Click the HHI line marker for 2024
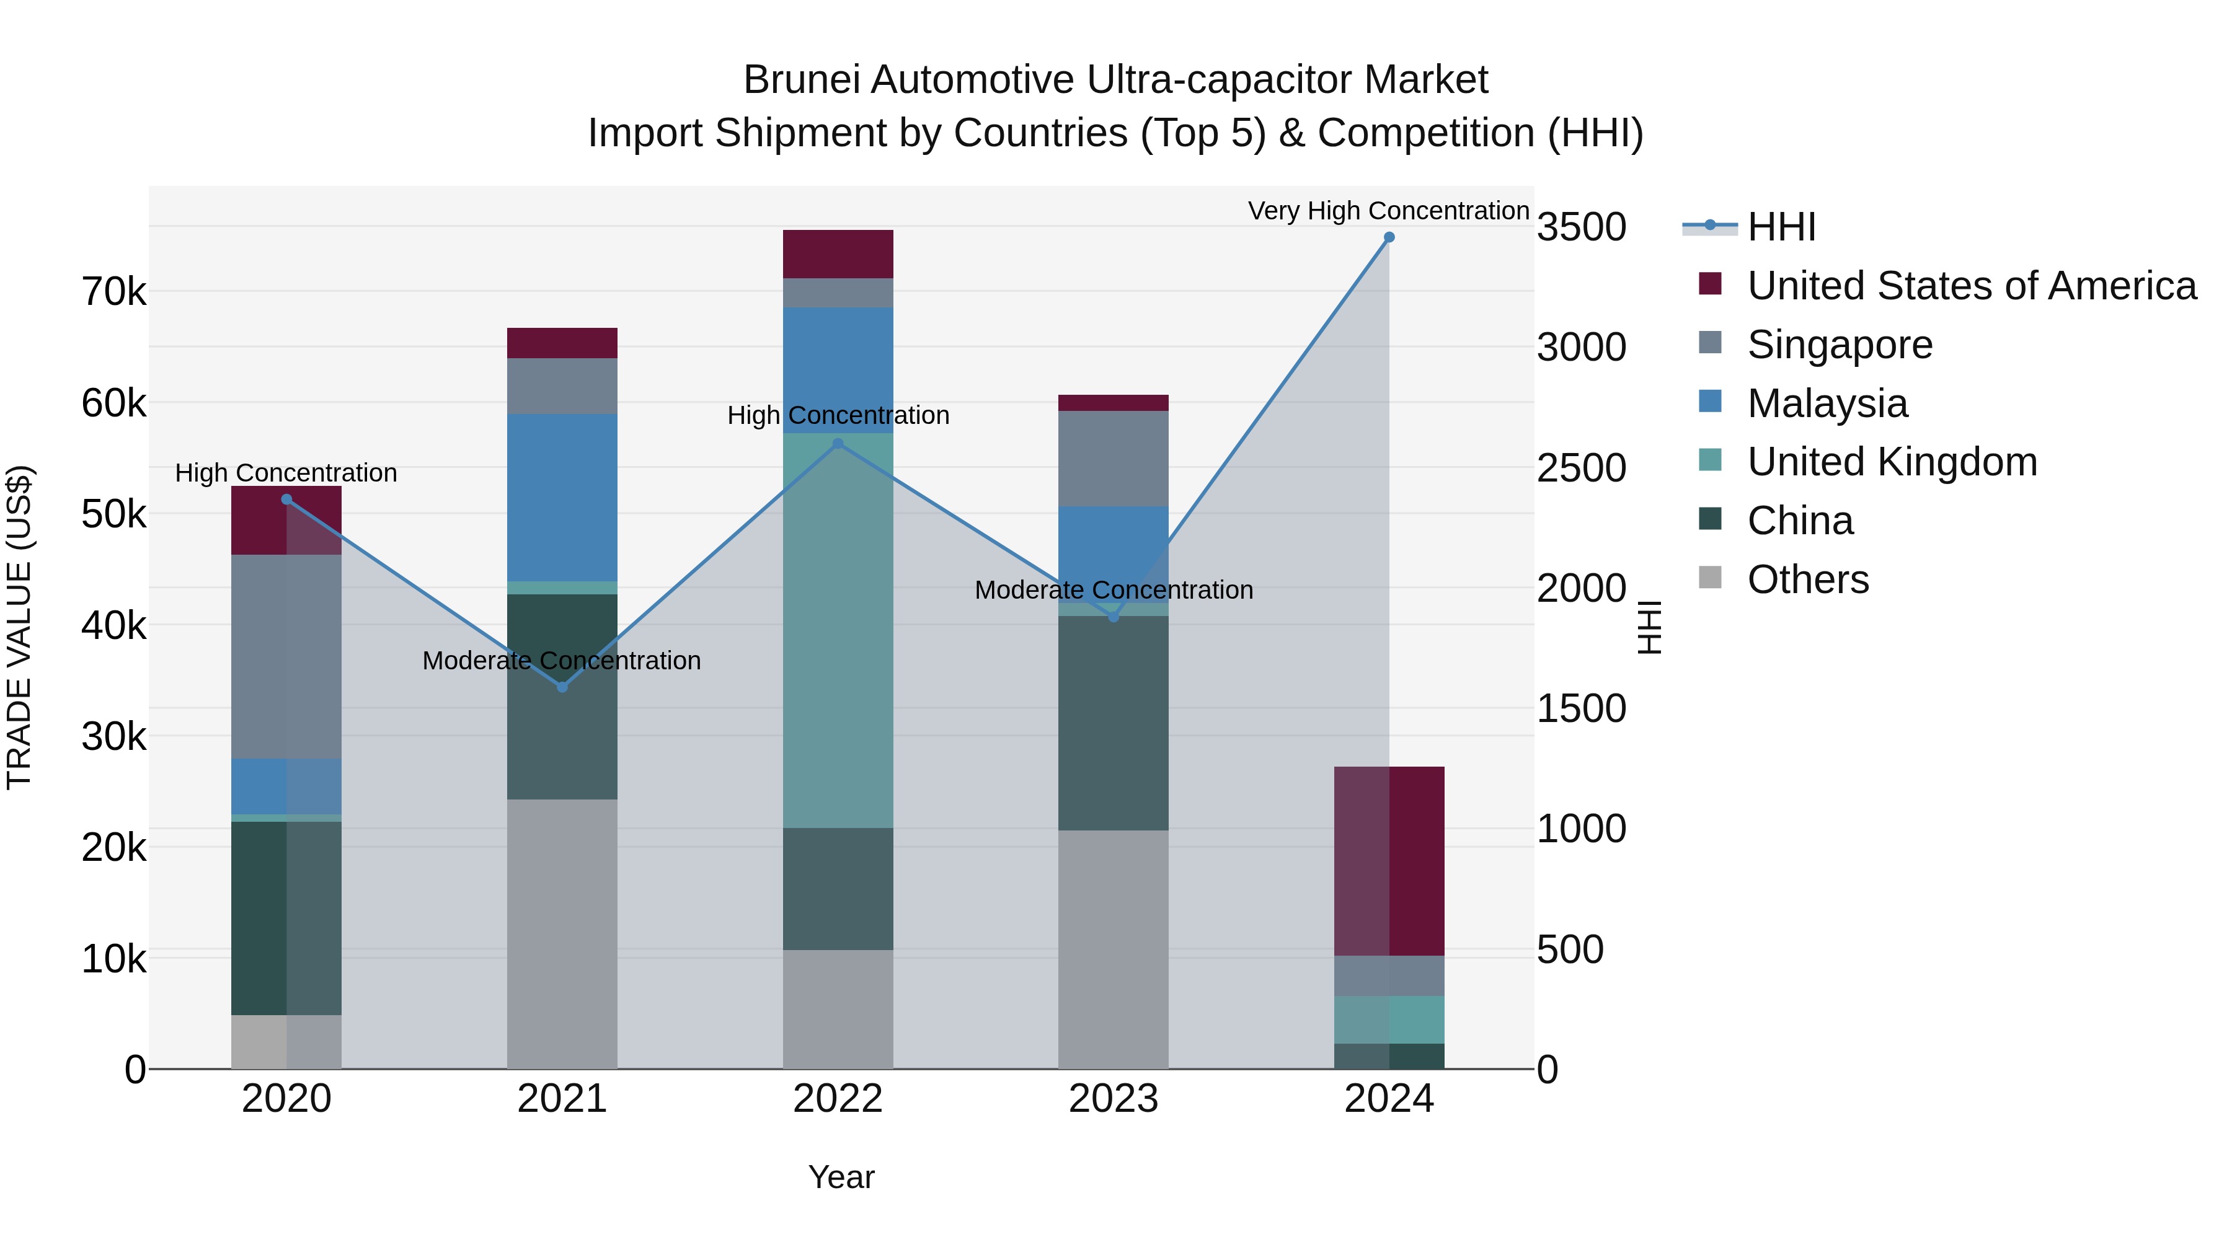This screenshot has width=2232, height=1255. tap(1389, 237)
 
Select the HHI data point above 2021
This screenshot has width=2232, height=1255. tap(562, 687)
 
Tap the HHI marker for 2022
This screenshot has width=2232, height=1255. tap(838, 444)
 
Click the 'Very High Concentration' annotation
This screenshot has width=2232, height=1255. tap(1388, 211)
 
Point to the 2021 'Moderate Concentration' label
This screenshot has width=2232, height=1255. tap(562, 661)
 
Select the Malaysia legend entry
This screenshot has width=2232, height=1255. tap(1827, 403)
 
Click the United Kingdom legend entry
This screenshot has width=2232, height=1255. tap(1892, 462)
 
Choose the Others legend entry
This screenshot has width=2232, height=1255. tap(1807, 579)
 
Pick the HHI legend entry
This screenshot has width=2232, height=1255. tap(1781, 227)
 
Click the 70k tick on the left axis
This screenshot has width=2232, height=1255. tap(113, 293)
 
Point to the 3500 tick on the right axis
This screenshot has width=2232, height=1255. tap(1581, 227)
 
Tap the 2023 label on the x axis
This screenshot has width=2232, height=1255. tap(1114, 1099)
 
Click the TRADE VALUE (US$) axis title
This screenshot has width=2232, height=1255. tap(19, 627)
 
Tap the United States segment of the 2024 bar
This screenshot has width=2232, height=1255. tap(1389, 861)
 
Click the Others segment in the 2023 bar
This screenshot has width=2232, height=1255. tap(1114, 949)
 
